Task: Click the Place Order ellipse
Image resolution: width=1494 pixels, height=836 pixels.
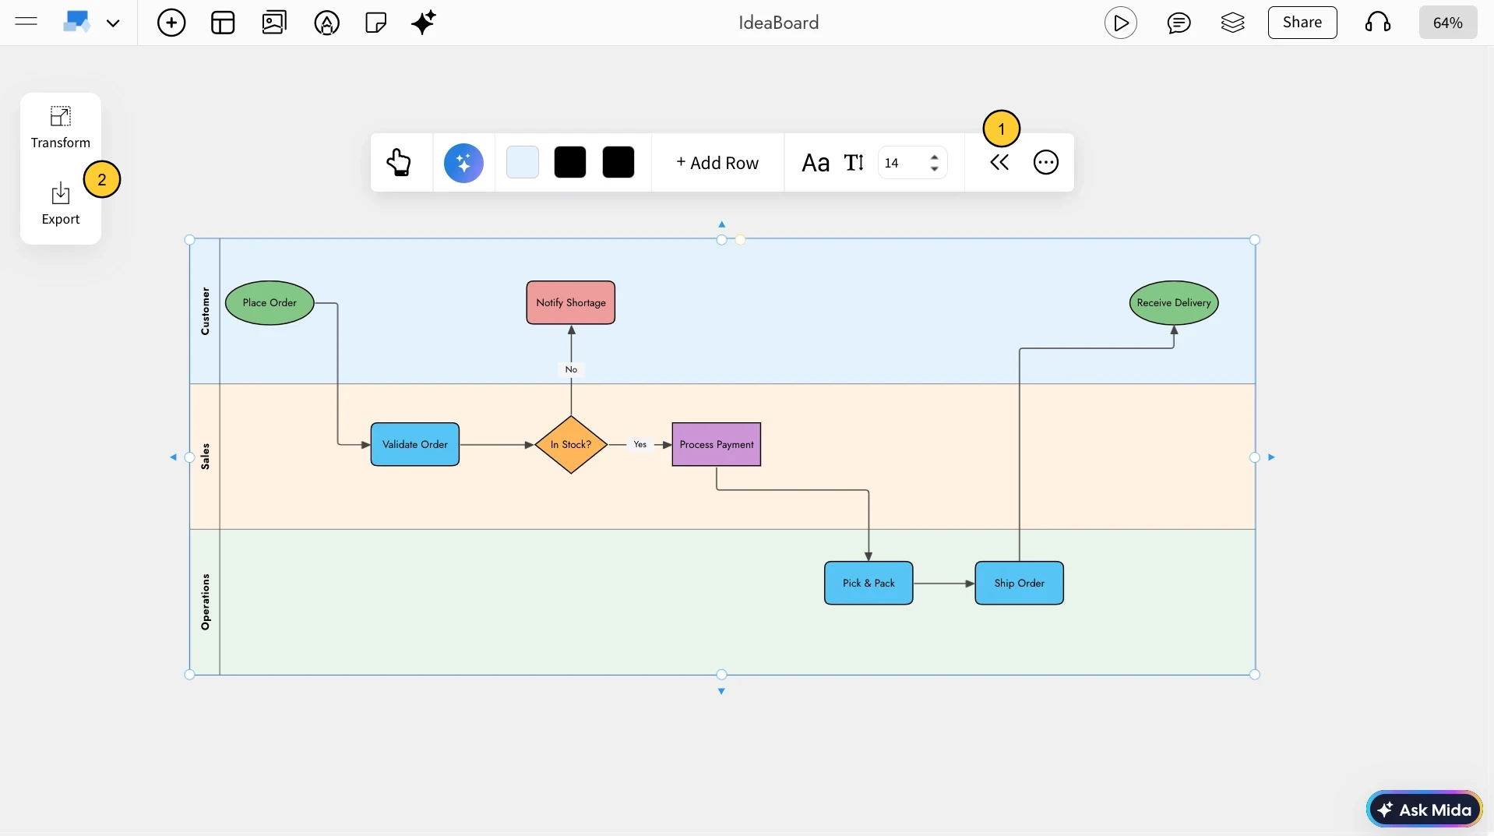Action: (x=270, y=303)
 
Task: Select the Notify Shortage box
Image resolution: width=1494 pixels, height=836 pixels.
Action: (x=571, y=303)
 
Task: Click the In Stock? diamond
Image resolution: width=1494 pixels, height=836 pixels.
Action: (x=571, y=445)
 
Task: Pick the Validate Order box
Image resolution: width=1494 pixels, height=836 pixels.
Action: (x=415, y=445)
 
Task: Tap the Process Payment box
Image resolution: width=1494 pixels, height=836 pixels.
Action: (x=717, y=445)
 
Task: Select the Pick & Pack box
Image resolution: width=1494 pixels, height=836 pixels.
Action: (x=869, y=584)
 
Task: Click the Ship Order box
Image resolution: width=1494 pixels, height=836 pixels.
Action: (x=1019, y=584)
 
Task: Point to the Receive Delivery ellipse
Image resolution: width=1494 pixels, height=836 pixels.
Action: (x=1174, y=303)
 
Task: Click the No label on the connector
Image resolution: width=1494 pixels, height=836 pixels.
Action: (x=571, y=370)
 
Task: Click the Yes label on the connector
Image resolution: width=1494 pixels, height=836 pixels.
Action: (x=640, y=445)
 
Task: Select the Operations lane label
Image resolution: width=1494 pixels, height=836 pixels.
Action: (x=205, y=602)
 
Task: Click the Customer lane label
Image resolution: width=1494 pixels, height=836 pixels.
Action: (x=205, y=312)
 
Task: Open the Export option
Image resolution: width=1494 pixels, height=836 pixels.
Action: (x=61, y=204)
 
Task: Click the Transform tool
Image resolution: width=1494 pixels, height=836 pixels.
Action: (x=61, y=128)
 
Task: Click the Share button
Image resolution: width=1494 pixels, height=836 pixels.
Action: (x=1302, y=23)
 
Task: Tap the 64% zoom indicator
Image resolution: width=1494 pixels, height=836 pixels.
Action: (x=1447, y=23)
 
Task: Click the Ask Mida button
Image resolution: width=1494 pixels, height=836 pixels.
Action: (x=1425, y=810)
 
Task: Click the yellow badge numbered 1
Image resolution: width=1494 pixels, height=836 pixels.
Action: (x=1001, y=129)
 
